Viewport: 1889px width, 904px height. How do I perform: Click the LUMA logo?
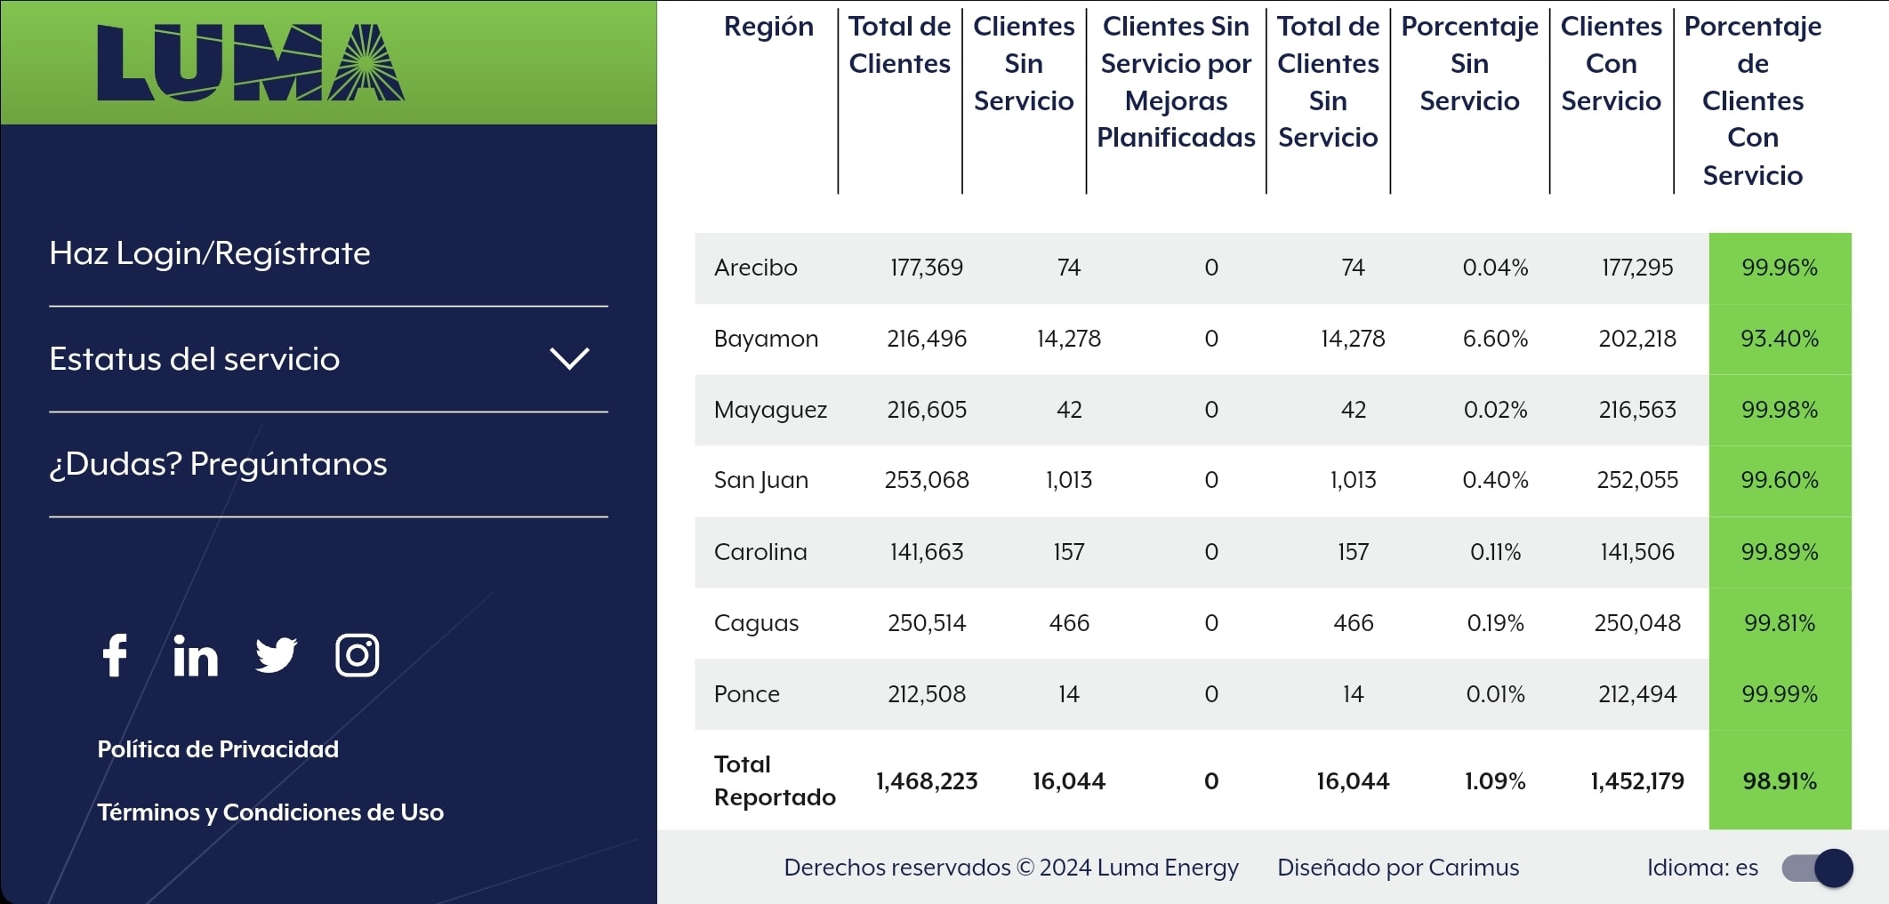251,62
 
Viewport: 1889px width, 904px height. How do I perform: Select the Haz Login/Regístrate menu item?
210,253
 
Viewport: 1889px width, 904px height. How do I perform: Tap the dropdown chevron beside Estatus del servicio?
569,358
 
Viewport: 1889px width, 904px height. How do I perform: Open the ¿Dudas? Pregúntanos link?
218,464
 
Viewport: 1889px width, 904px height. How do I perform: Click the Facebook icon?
116,656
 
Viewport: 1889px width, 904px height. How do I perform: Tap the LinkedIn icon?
196,657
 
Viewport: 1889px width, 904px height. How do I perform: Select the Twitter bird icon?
276,656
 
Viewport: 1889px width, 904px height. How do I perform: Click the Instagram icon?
357,656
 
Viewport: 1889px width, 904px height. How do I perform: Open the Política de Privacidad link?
218,749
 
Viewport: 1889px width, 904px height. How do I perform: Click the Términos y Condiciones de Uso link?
270,812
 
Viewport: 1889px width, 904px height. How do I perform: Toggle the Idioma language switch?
1817,868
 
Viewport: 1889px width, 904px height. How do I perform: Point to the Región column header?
768,27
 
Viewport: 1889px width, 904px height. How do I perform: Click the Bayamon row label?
766,339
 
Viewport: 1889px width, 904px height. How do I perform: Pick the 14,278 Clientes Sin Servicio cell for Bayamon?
1068,339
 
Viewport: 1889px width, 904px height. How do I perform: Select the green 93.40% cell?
1780,339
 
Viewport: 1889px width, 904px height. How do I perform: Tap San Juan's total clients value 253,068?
927,480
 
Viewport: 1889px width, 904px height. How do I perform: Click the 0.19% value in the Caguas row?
1495,623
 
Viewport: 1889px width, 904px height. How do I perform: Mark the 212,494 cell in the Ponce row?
1637,694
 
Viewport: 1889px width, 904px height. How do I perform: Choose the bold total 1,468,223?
927,781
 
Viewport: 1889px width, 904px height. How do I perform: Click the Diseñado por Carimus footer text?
1398,868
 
